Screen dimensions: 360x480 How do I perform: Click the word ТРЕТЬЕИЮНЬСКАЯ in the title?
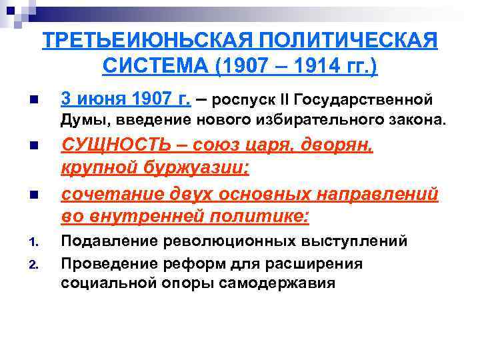coord(144,41)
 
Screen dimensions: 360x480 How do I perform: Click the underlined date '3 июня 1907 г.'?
coord(125,99)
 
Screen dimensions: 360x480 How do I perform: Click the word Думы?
coord(81,119)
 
